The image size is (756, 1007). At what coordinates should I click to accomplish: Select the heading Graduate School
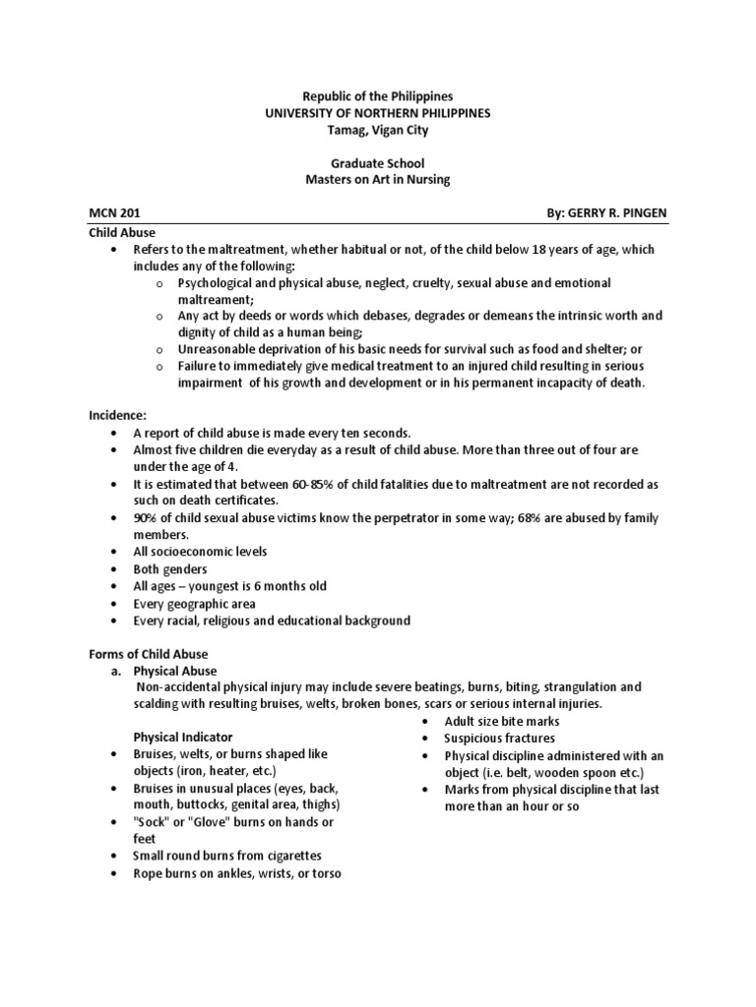378,162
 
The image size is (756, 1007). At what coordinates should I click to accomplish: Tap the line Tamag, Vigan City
378,130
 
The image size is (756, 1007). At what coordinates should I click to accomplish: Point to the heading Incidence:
117,417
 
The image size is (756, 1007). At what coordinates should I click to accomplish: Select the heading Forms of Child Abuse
149,653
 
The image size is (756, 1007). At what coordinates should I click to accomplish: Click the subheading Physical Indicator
183,737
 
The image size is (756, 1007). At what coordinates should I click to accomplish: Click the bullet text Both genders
173,568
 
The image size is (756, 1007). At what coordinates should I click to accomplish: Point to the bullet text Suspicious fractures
499,738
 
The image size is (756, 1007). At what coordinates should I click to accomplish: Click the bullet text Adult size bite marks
502,721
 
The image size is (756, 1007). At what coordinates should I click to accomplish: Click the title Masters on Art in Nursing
378,179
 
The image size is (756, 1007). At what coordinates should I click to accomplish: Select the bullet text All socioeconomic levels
201,552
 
